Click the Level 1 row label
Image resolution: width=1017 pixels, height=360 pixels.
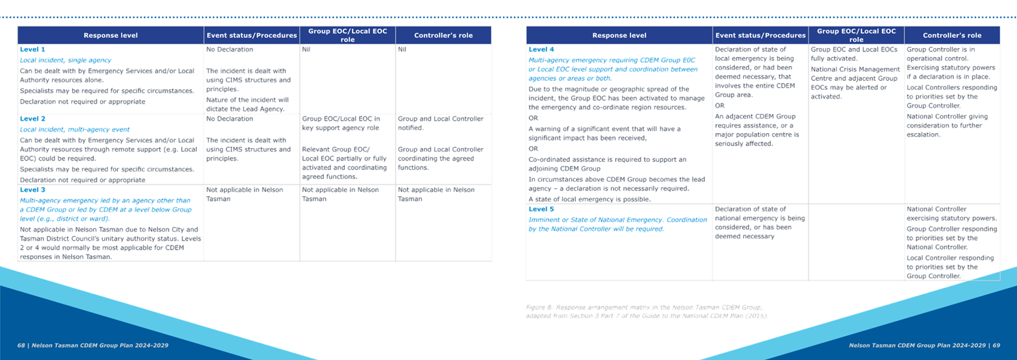[32, 49]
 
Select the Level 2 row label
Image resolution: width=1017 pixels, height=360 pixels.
[32, 119]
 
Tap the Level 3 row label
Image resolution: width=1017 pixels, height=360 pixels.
[32, 190]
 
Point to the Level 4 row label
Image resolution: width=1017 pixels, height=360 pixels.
[541, 49]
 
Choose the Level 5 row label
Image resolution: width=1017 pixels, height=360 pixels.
[541, 209]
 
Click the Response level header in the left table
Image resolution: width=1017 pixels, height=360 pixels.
[110, 36]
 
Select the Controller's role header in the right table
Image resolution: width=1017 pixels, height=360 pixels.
[952, 36]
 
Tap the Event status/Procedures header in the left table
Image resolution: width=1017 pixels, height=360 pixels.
[252, 36]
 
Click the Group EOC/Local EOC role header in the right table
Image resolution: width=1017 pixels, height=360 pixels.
[857, 35]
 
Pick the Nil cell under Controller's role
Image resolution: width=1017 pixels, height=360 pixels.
[402, 49]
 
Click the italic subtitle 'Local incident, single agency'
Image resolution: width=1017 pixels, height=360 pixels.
[65, 60]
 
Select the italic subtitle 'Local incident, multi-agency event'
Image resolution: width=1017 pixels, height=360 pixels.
[75, 130]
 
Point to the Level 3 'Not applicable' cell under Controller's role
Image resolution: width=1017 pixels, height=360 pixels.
[436, 194]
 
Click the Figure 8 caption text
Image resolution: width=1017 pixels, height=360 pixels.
[647, 311]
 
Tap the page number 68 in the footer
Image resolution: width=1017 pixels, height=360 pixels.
[21, 346]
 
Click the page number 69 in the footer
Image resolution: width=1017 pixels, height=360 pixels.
[996, 346]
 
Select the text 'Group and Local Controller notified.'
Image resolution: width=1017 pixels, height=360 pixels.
[440, 123]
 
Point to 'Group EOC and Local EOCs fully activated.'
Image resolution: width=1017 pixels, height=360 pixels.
[854, 54]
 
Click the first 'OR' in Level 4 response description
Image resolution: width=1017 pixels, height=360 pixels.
[533, 118]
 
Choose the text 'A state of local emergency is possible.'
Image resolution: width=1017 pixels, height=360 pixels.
[589, 200]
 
